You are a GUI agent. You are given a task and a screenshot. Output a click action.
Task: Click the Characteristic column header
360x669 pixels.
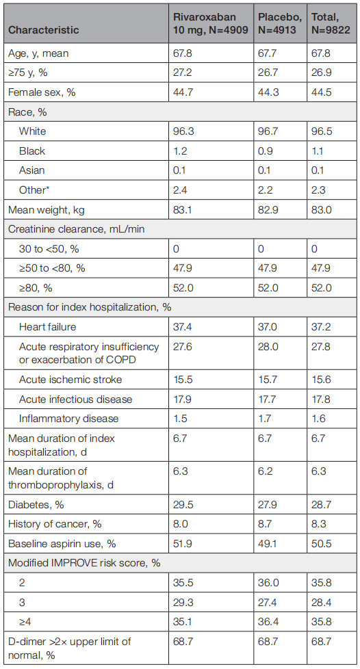(44, 30)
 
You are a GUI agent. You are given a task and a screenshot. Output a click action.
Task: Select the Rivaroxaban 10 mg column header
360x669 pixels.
(211, 23)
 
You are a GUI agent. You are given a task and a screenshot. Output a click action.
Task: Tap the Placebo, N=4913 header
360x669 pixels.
(280, 23)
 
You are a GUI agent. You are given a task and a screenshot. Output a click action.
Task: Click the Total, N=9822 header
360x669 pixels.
(331, 23)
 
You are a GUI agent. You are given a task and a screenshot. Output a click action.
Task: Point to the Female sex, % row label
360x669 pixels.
(42, 92)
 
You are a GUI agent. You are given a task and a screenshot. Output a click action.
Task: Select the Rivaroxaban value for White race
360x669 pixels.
(183, 131)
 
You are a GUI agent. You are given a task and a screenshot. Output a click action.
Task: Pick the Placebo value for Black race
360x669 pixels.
(264, 151)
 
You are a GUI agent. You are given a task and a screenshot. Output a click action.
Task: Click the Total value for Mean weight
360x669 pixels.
(322, 210)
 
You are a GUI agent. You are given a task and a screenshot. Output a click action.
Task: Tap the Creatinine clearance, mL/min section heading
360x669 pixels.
(77, 229)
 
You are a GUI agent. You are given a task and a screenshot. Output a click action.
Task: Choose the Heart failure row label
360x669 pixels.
(47, 327)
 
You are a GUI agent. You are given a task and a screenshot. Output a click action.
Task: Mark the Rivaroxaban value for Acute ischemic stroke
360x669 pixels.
(182, 380)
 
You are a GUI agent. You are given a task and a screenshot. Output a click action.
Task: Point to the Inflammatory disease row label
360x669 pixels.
(68, 419)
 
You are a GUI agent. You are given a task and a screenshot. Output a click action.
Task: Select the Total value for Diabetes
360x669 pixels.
(321, 505)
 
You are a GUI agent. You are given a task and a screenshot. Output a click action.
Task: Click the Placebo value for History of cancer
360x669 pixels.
(265, 524)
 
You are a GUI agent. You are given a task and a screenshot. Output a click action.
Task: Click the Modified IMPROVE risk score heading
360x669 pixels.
(84, 563)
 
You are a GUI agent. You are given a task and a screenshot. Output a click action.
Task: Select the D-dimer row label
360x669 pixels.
(70, 648)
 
